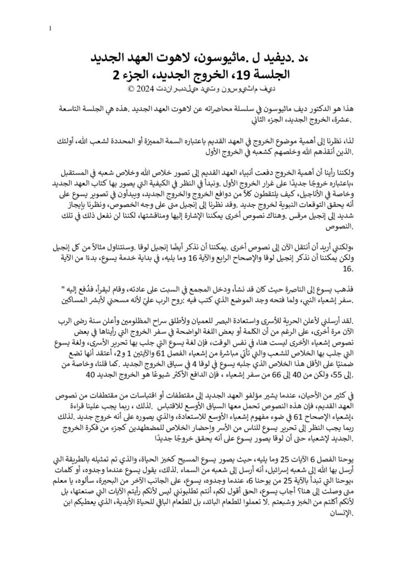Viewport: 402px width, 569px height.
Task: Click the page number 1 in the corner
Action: (51, 29)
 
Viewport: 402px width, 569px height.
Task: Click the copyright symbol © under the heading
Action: (131, 89)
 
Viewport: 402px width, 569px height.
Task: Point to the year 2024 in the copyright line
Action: (147, 89)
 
